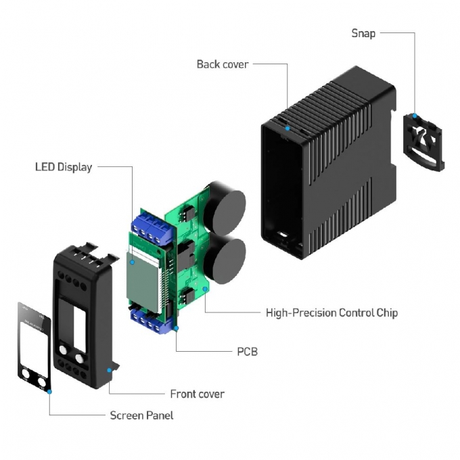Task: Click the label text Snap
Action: pos(363,33)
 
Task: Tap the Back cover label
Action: pos(223,64)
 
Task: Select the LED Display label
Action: pos(64,166)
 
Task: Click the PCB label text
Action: pos(247,352)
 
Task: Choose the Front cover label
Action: pos(197,394)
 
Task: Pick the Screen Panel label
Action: pos(141,415)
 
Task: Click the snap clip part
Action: pos(425,141)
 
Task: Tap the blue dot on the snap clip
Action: pos(415,116)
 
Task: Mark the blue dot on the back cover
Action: pos(288,127)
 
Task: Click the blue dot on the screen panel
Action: pos(49,390)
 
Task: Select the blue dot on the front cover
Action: pos(108,369)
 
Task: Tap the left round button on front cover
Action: pos(62,350)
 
